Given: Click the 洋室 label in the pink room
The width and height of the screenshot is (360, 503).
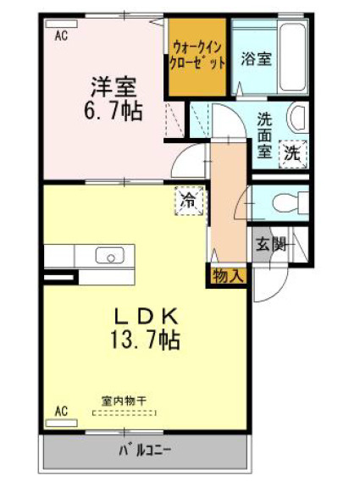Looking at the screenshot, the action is pos(114,87).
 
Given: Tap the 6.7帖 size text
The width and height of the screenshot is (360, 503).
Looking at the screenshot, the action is pos(113,111).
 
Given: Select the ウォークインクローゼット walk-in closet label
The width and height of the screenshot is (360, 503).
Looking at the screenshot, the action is pos(197,55).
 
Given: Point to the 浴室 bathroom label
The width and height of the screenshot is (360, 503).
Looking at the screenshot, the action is pos(257,58).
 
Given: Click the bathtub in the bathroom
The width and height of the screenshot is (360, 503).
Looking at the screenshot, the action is pos(291,57).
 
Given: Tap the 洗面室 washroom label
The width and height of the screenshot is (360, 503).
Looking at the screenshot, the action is pos(264,135).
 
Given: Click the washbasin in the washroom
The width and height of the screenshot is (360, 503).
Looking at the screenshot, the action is pos(298,118).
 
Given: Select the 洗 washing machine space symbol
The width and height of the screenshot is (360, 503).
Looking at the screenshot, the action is pos(292,154).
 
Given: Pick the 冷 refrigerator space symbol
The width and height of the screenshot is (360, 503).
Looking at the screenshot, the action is pos(189,202).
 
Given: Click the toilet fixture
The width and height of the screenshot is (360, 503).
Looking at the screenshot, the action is pos(291,202).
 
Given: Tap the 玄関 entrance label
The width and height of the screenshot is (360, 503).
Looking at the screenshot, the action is pos(270,246).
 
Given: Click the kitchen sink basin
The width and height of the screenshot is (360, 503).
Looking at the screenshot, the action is pos(111,255).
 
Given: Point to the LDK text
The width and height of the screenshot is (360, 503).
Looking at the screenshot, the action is pos(147,317).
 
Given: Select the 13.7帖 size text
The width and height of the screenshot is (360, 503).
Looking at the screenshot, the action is pos(145,340).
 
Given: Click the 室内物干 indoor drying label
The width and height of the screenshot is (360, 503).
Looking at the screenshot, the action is pos(124,401).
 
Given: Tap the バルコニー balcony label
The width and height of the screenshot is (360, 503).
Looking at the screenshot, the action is pos(146,450).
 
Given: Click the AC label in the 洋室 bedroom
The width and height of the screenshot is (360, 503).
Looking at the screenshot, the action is pos(61,36).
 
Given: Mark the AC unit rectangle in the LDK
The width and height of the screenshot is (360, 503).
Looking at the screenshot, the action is pos(62,423).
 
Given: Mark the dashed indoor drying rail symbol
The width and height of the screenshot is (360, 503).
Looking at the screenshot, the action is pos(125,413).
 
